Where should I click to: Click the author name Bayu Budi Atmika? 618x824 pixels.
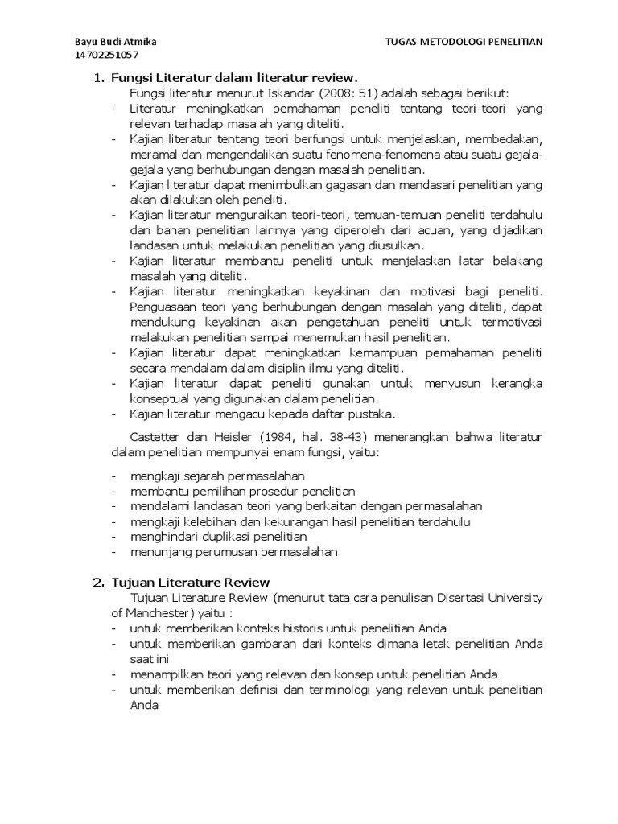tap(116, 41)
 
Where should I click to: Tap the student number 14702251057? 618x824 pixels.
tap(106, 55)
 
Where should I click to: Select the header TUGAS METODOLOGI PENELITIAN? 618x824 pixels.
tap(464, 41)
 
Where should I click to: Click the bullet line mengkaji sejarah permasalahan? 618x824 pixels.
tap(208, 476)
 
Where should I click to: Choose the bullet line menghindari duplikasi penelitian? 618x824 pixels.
tap(218, 537)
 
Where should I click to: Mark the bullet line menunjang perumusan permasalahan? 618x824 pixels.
tap(234, 552)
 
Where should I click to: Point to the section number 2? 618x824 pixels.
tap(97, 582)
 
